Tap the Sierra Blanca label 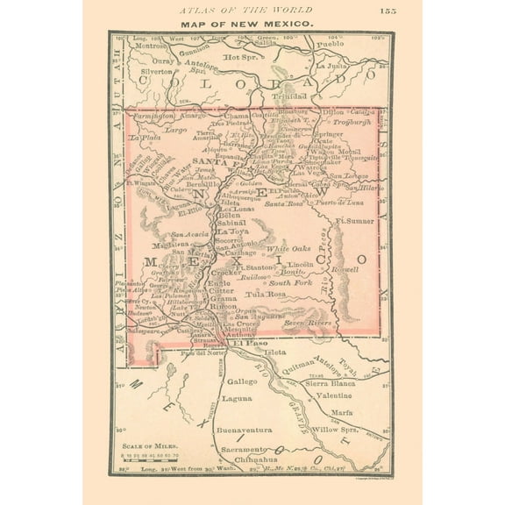click(x=330, y=383)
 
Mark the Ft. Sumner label click(x=354, y=221)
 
